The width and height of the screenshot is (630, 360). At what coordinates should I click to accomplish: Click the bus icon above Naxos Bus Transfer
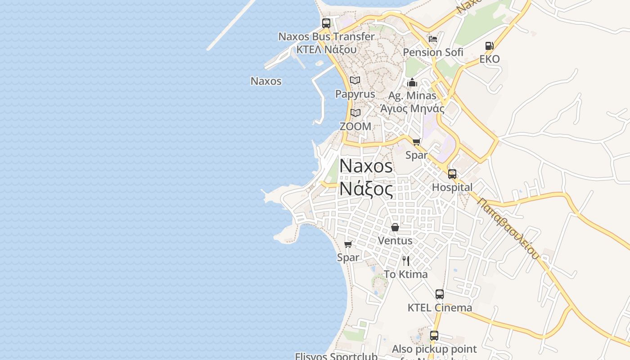pos(326,23)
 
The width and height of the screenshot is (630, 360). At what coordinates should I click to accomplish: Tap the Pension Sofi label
pos(433,52)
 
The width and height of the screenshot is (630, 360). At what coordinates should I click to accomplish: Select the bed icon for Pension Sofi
pos(433,39)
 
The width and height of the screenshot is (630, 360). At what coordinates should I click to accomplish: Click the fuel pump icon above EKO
pos(489,46)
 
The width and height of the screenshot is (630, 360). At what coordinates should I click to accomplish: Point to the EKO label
pos(489,59)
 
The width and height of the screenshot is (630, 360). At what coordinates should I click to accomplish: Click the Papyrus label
pos(355,94)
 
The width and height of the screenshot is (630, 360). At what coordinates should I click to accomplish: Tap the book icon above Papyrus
pos(355,81)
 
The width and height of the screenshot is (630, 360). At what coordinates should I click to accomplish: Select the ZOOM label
pos(355,126)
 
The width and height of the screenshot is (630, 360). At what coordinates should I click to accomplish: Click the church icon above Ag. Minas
pos(412,82)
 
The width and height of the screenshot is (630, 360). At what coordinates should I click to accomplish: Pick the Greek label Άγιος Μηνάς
pos(412,108)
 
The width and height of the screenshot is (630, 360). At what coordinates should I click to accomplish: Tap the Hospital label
pos(452,187)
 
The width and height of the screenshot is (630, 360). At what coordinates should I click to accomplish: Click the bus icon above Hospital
pos(452,174)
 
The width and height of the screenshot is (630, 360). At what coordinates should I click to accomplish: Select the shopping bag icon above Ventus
pos(395,227)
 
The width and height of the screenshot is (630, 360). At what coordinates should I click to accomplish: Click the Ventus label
pos(395,241)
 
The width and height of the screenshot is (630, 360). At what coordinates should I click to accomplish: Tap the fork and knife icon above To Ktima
pos(406,261)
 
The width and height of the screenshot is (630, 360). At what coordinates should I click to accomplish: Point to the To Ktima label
pos(406,274)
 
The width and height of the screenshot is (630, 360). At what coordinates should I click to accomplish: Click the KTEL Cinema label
pos(440,308)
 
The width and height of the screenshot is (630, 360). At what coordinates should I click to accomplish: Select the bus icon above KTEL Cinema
pos(440,294)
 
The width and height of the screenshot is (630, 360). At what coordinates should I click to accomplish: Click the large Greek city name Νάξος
pos(366,188)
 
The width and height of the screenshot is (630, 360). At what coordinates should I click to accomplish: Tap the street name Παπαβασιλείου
pos(508,228)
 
